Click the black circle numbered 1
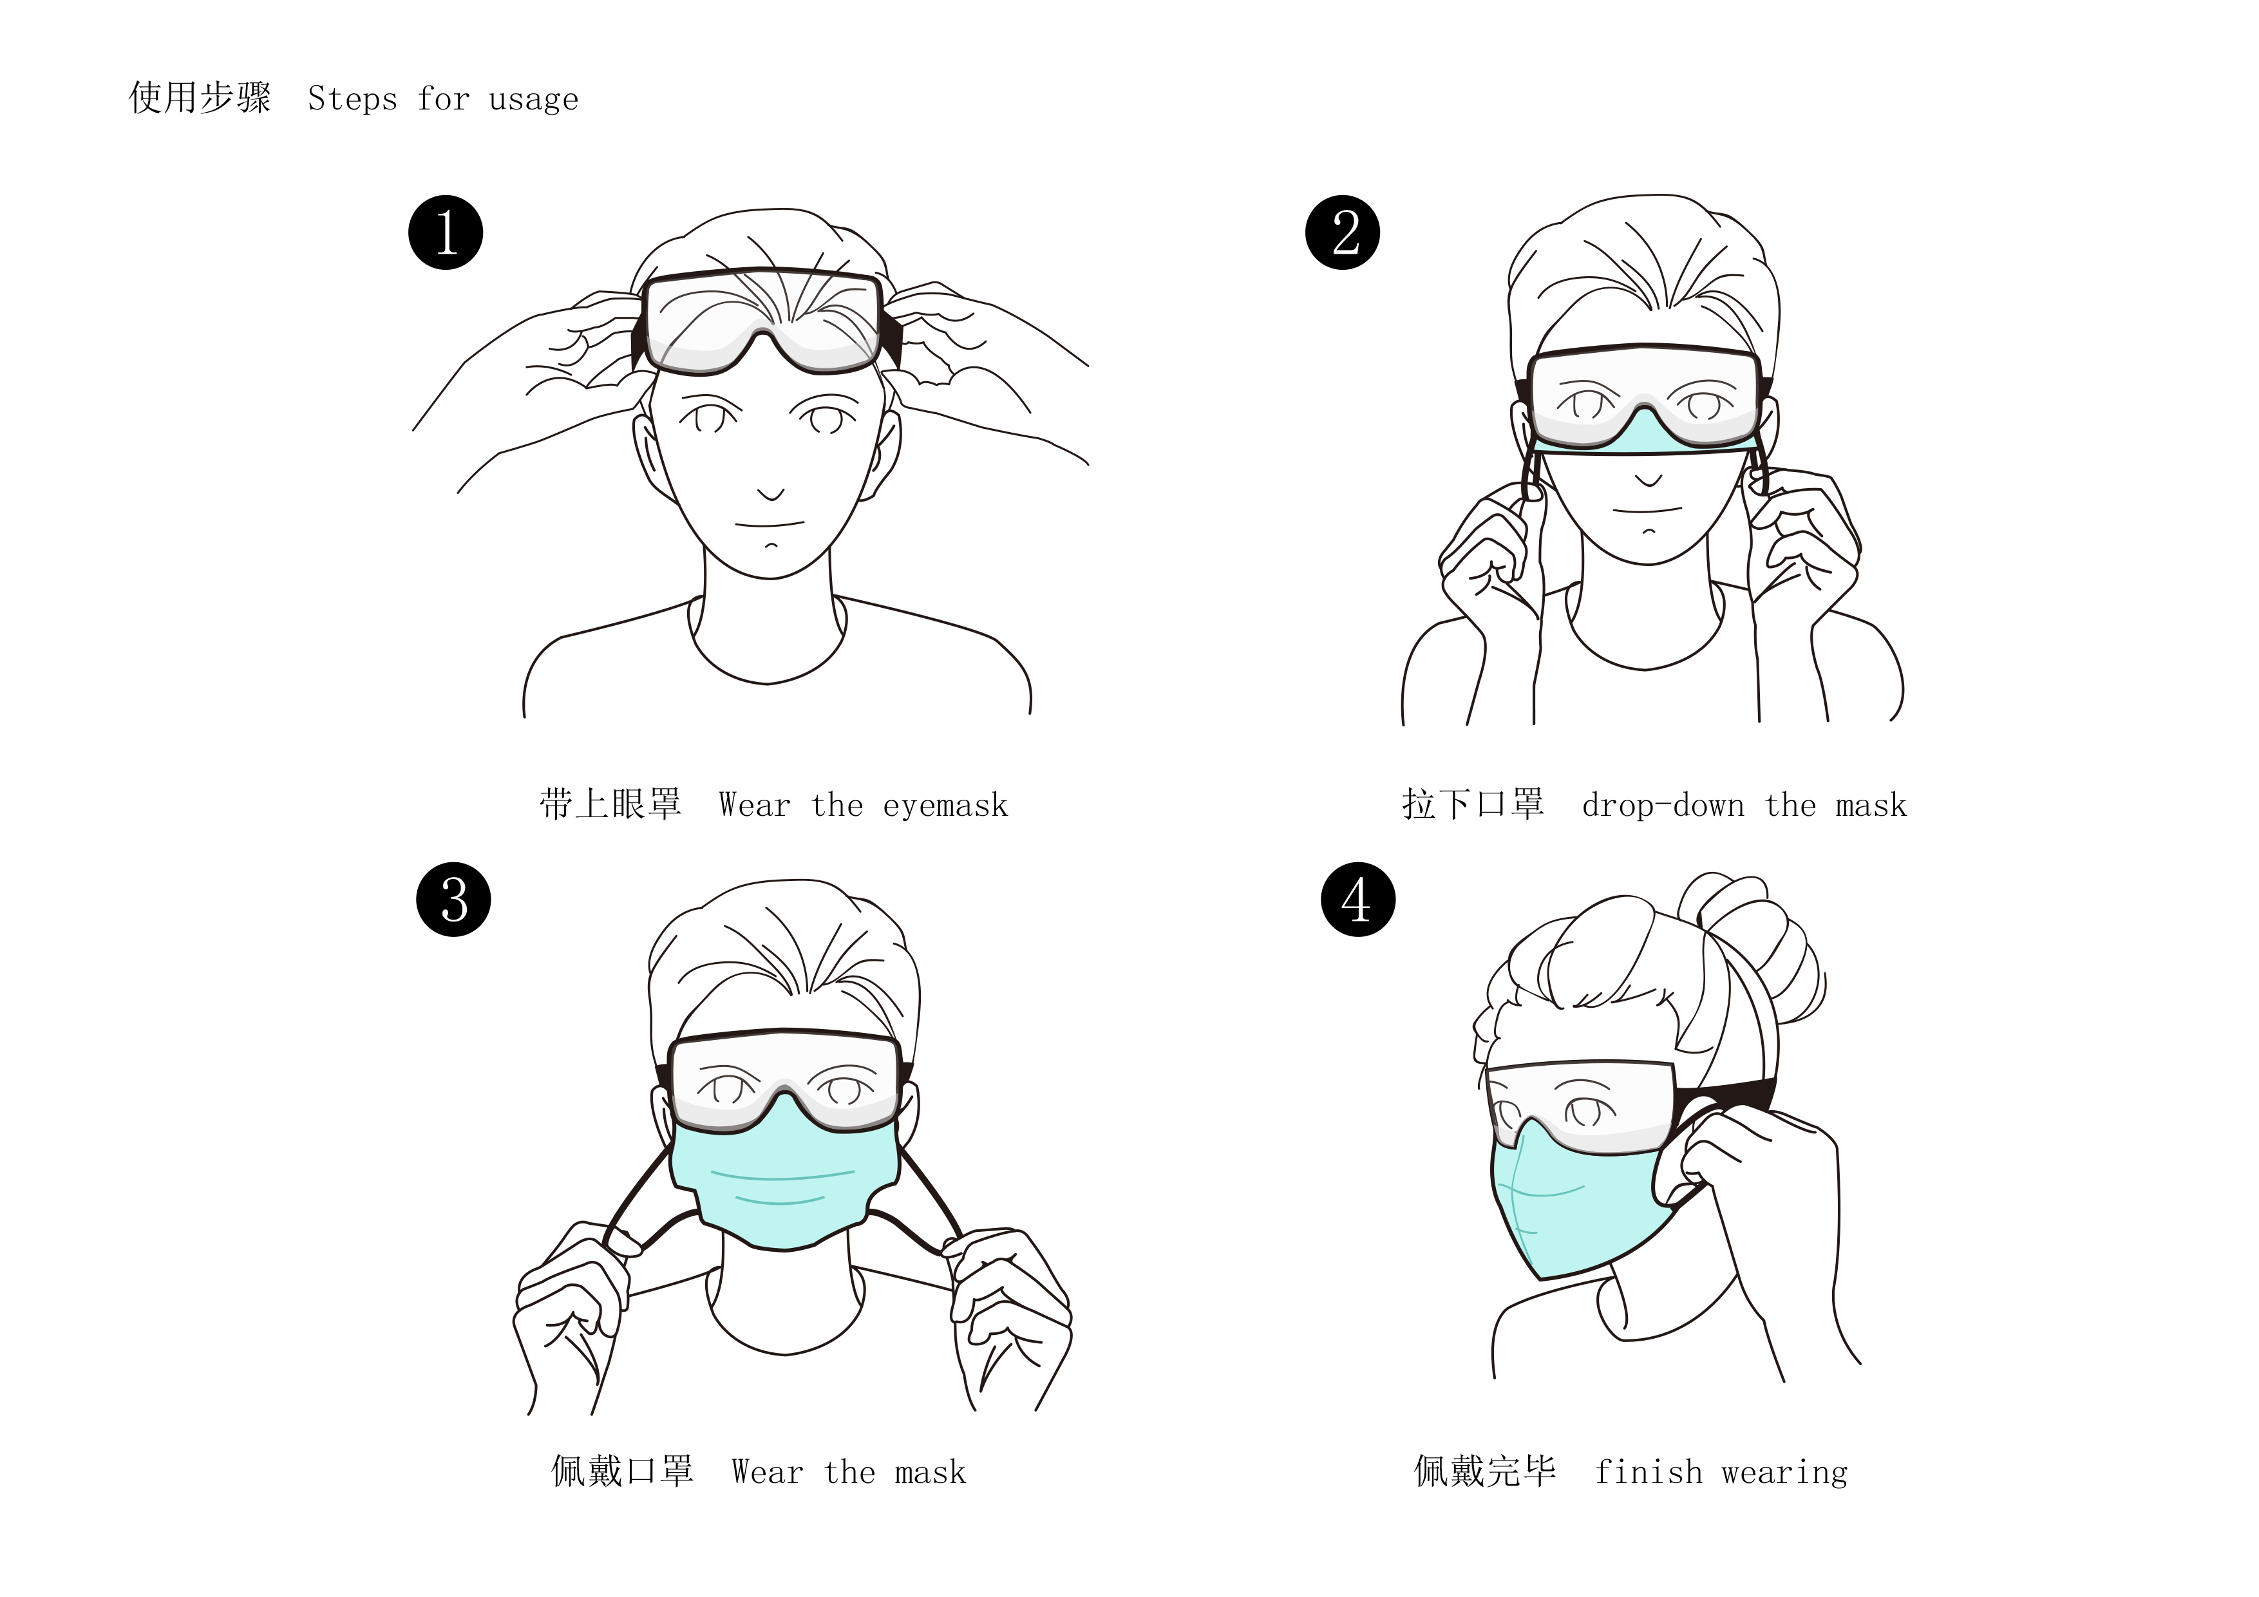point(446,232)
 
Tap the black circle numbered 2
point(1343,232)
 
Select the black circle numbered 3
point(453,900)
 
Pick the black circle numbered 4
point(1357,900)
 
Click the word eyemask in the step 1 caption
point(945,806)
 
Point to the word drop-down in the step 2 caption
point(1662,806)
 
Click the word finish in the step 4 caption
point(1648,1472)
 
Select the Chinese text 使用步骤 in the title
point(200,97)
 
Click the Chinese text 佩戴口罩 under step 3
point(622,1471)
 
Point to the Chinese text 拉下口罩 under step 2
point(1473,804)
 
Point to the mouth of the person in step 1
point(770,524)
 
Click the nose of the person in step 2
point(1649,481)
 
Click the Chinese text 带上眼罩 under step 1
point(610,804)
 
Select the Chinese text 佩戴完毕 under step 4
point(1485,1471)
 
